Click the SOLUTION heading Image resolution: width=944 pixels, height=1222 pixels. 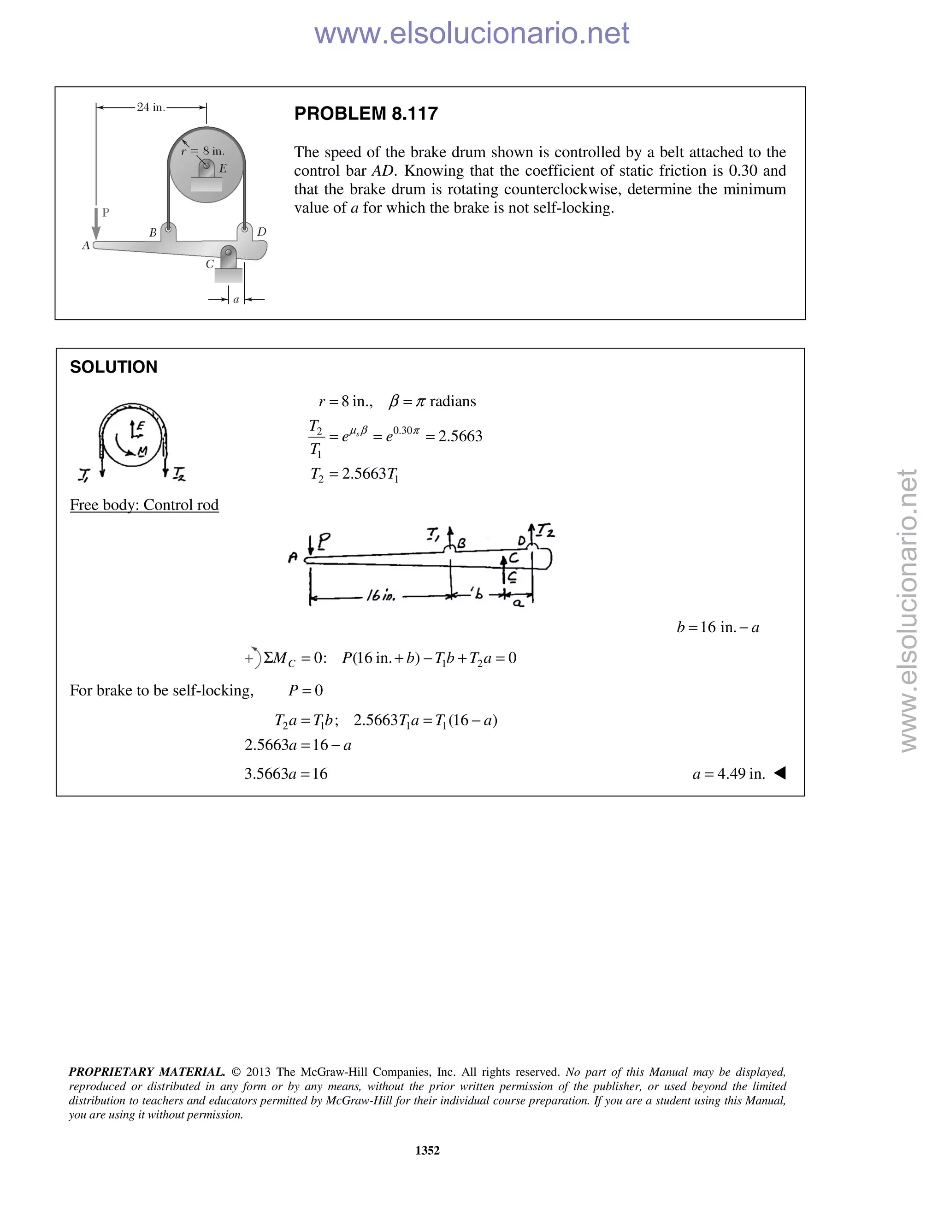tap(113, 367)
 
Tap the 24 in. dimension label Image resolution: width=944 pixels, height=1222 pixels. tap(151, 107)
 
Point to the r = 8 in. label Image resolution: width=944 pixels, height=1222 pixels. tap(203, 150)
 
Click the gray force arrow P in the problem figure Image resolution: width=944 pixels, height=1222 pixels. tap(96, 224)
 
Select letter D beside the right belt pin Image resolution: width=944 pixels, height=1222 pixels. tap(261, 231)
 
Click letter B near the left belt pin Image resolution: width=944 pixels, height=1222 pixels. tap(153, 233)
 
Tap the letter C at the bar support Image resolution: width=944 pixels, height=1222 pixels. tap(210, 264)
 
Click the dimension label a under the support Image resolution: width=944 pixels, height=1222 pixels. tap(236, 300)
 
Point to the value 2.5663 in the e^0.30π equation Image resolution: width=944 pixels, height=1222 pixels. tap(460, 436)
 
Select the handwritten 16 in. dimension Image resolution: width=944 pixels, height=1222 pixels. tap(381, 596)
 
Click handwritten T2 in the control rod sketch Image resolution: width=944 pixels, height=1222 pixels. tap(545, 530)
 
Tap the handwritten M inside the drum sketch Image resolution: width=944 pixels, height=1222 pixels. tap(142, 451)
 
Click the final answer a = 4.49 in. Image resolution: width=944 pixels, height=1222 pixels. tap(728, 774)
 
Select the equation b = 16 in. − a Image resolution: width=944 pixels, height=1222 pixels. tap(718, 627)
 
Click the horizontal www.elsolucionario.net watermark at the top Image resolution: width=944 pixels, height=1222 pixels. tap(472, 33)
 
